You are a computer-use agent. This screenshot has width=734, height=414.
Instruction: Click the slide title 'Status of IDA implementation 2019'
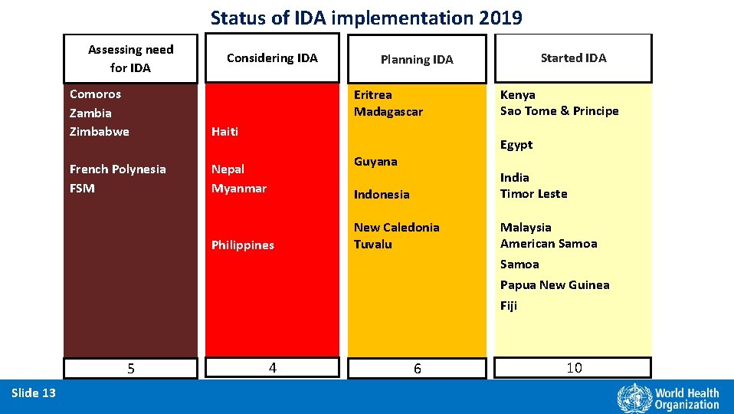366,18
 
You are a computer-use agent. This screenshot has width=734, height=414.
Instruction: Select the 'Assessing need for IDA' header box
130,58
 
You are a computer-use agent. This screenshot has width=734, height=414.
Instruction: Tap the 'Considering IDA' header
272,58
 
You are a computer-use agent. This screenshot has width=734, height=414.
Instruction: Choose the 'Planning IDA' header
417,59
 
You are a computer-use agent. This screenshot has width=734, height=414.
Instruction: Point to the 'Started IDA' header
573,58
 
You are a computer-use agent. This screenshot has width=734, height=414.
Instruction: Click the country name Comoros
95,94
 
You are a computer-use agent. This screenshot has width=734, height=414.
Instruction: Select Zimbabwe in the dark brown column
99,131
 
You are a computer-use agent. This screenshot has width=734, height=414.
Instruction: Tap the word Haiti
224,131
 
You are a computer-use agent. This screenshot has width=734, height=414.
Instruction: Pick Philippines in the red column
242,245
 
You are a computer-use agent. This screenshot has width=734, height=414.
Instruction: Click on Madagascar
388,112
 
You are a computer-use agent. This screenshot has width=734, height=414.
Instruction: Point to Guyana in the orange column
375,162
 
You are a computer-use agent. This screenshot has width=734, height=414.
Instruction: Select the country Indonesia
381,195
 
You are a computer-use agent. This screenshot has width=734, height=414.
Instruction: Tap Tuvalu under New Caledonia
372,245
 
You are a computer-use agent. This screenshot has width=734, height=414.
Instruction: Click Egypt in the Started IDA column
516,145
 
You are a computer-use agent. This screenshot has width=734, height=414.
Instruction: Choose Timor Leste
533,194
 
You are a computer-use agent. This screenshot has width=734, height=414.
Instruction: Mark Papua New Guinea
555,285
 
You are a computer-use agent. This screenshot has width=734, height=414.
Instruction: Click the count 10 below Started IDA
574,368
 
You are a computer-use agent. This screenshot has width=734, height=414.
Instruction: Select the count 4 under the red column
272,368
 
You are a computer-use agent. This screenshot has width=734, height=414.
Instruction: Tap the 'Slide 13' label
34,393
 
